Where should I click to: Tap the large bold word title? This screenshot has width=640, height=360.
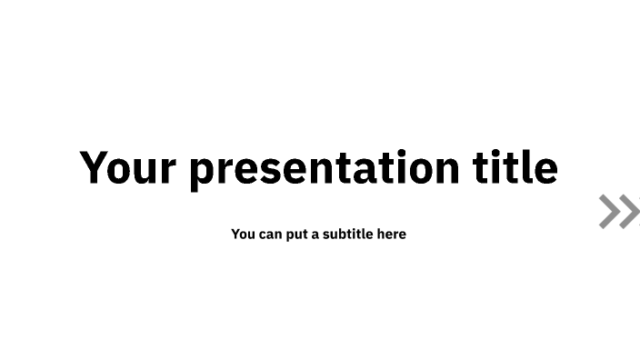pos(515,167)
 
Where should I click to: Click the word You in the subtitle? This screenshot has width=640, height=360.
pos(243,235)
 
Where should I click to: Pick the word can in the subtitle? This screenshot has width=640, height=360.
pos(270,235)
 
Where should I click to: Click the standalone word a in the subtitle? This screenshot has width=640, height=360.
pos(316,235)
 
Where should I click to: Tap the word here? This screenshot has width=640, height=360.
pos(392,235)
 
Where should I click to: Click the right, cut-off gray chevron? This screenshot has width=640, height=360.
pos(633,212)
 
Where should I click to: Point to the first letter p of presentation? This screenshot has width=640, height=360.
pos(201,173)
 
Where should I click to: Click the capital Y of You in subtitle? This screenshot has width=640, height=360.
pos(235,235)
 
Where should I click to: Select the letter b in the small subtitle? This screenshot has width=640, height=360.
pos(341,235)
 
